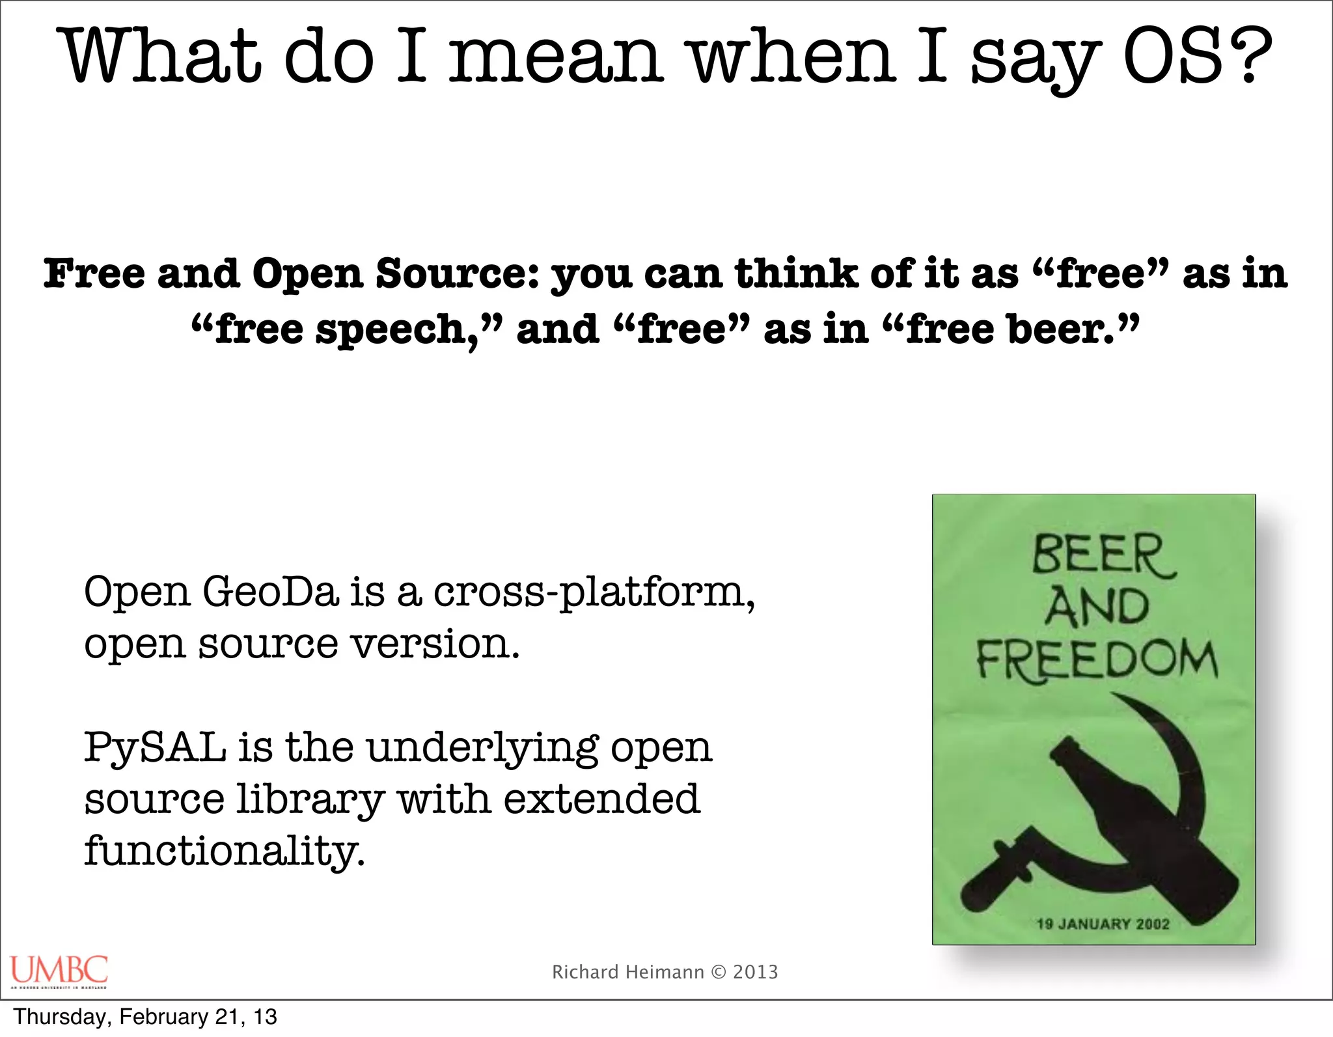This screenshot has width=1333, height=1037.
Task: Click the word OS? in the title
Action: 1198,57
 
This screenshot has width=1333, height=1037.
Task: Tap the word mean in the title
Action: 557,57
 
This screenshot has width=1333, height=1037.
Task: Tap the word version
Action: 435,644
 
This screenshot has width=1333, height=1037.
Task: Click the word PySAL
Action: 155,749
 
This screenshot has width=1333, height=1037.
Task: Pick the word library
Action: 310,801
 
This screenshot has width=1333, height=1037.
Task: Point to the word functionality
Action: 224,851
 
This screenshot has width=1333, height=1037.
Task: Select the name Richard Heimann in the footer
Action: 627,972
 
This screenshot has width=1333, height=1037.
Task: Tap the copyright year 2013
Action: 755,972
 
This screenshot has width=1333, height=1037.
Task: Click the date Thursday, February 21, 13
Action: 145,1017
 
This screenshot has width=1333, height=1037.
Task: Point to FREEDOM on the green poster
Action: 1096,660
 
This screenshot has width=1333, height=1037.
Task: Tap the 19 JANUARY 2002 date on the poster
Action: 1103,924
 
